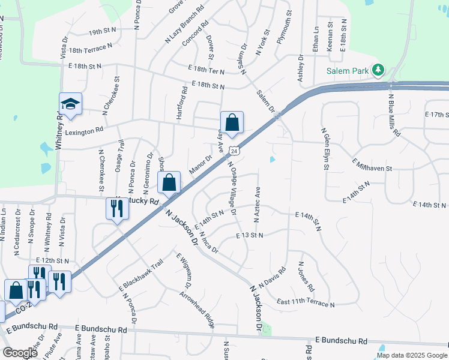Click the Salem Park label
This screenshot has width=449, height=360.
(x=348, y=70)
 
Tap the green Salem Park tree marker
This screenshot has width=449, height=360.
(x=378, y=70)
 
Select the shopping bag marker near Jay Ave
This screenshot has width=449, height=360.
(x=232, y=123)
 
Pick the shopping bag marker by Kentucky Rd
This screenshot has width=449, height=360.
(x=170, y=183)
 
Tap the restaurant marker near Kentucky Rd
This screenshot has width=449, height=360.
(x=116, y=209)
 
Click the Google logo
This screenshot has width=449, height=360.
(x=20, y=353)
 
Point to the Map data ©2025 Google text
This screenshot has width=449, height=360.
(x=412, y=355)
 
